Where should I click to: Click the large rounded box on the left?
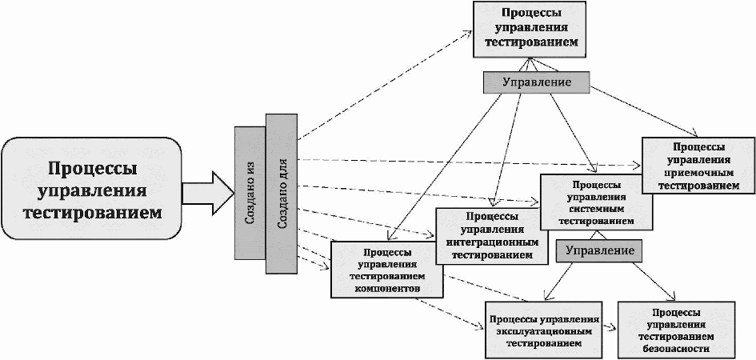[92, 189]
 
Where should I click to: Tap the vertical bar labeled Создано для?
[282, 194]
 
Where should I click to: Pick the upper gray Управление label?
[537, 82]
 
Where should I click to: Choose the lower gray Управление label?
[600, 250]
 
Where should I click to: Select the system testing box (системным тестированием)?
[597, 202]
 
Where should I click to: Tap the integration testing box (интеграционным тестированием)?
[492, 236]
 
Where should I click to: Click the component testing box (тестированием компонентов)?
[387, 269]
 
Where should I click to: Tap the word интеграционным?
[492, 242]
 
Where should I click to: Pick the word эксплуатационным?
[543, 331]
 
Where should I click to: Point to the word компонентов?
[387, 288]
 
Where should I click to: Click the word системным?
[597, 209]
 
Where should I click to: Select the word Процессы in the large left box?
[93, 170]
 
